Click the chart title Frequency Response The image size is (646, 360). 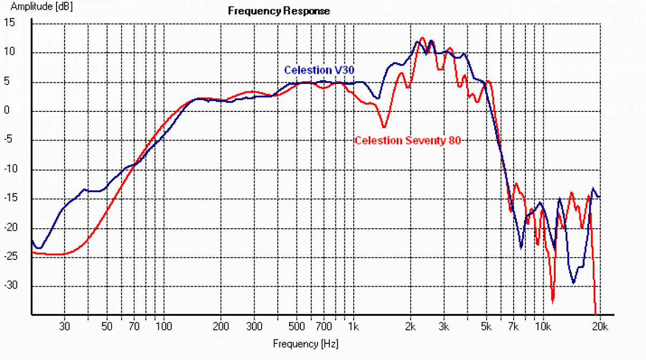point(278,11)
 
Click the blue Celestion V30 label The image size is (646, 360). point(319,70)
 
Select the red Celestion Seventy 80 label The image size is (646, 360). point(408,140)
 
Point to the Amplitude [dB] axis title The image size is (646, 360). point(37,7)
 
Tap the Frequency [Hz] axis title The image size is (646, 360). point(306,343)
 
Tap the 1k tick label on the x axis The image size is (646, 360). point(353,327)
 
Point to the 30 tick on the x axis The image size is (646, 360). point(65,327)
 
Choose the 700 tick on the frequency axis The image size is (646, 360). point(324,327)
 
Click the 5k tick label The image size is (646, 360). point(486,327)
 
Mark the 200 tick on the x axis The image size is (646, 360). point(221,327)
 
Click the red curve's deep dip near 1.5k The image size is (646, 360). point(384,127)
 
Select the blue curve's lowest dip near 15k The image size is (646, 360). point(574,283)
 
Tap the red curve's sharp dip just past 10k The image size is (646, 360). point(552,301)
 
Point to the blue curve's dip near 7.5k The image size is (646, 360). point(521,248)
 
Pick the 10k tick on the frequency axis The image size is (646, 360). point(543,327)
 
